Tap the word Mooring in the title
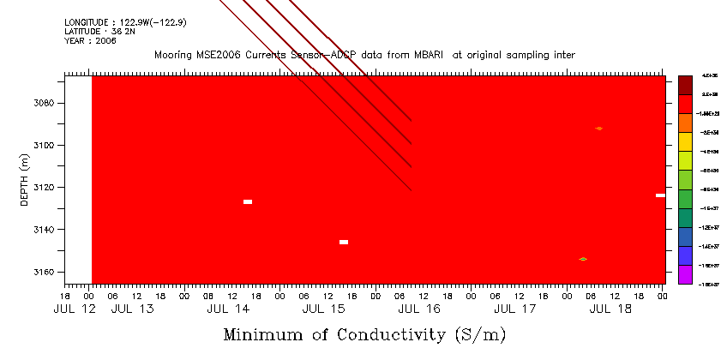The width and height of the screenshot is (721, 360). pyautogui.click(x=174, y=55)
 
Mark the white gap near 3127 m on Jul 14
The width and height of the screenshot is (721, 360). pyautogui.click(x=248, y=201)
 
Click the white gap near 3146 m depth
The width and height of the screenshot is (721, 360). pyautogui.click(x=344, y=242)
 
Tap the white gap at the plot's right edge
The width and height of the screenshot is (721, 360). pyautogui.click(x=660, y=195)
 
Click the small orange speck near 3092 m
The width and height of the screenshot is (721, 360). pyautogui.click(x=598, y=129)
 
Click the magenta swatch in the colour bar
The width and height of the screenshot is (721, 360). pyautogui.click(x=685, y=275)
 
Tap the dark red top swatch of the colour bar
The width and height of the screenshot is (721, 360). pyautogui.click(x=685, y=85)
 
